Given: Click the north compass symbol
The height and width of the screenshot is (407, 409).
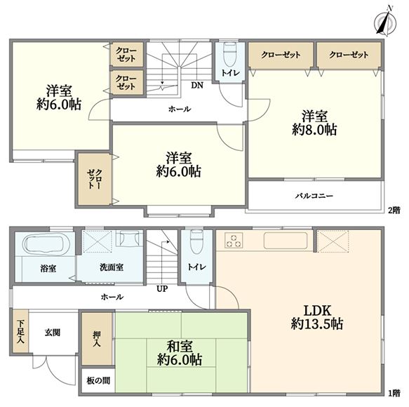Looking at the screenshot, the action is coord(386,22).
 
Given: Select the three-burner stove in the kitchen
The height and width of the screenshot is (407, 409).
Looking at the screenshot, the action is coord(234,240).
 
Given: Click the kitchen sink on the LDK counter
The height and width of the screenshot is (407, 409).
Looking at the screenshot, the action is coord(286,240).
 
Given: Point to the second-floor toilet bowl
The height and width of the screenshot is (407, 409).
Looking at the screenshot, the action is coord(229,55).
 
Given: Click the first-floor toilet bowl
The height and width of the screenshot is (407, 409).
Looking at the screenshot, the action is coord(196,242).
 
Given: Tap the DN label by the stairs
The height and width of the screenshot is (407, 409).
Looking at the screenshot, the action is coord(197,86).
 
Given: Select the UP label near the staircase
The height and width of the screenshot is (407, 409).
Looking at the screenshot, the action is coord(162,289).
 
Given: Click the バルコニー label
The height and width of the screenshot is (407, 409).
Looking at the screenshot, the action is coord(314,196).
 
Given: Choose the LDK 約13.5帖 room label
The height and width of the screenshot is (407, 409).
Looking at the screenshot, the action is coord(317,317).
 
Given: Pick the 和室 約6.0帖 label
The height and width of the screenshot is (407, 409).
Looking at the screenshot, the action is coord(180,353).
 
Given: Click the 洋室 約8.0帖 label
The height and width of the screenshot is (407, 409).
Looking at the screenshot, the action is coord(314,123).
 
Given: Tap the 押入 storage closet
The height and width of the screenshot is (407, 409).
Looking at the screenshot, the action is coord(97,339).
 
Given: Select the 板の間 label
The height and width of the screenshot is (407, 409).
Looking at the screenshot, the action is coord(98,380).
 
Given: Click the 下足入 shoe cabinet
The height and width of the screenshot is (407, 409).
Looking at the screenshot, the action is coord(20,332).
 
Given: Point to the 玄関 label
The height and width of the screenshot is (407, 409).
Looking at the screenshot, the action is coord(53,333).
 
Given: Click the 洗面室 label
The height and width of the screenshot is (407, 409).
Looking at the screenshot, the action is coord(112,267).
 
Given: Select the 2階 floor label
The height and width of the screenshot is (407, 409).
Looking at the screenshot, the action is coord(394,211).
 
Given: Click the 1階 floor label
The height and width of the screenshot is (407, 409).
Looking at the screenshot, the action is coord(394,394).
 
